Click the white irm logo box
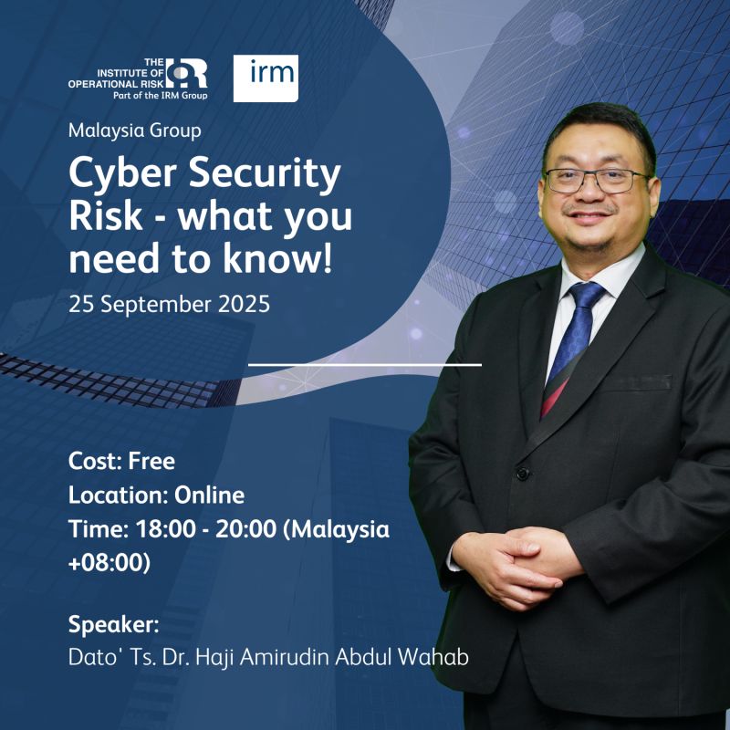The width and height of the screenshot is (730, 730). [266, 78]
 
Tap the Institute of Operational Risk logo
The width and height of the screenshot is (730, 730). [138, 78]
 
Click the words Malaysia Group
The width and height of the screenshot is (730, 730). [134, 130]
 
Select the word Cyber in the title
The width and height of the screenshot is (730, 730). [122, 173]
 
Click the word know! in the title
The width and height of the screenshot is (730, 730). [277, 257]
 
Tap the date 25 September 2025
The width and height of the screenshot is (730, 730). [169, 305]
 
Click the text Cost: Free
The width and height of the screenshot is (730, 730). [121, 462]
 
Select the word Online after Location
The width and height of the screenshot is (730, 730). [209, 495]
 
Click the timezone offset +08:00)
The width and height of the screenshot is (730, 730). [109, 562]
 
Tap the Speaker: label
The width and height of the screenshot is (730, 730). [113, 624]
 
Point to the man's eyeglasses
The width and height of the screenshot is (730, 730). [599, 181]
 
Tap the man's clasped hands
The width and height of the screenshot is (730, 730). [515, 565]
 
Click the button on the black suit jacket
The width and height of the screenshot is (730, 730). [523, 474]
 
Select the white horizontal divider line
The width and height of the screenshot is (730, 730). [365, 365]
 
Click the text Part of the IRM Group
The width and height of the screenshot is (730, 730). [161, 96]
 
